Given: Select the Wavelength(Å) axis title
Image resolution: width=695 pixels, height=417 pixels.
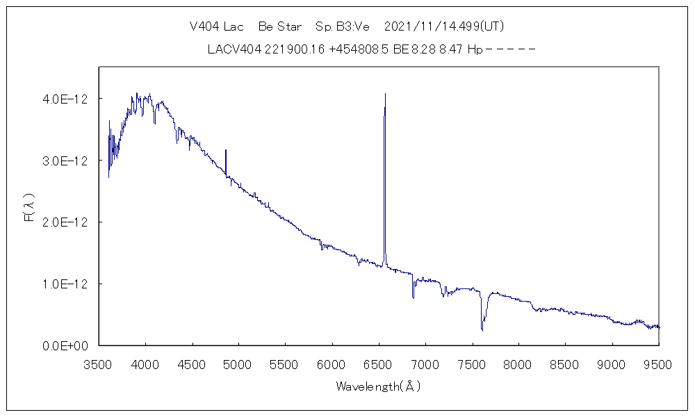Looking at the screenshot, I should tap(379, 386).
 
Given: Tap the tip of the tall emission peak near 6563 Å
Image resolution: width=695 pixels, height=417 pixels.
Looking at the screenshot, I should tap(385, 94).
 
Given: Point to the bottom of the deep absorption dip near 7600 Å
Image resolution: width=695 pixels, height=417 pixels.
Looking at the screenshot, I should tap(482, 330).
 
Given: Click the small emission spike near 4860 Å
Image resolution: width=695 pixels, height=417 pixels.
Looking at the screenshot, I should tap(226, 149).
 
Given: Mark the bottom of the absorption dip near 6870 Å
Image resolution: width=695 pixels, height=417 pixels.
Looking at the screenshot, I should tap(413, 297).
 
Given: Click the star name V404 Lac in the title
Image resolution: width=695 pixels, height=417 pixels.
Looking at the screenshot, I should tap(217, 27).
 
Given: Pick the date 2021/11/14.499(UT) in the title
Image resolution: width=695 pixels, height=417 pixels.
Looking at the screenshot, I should tap(444, 27).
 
